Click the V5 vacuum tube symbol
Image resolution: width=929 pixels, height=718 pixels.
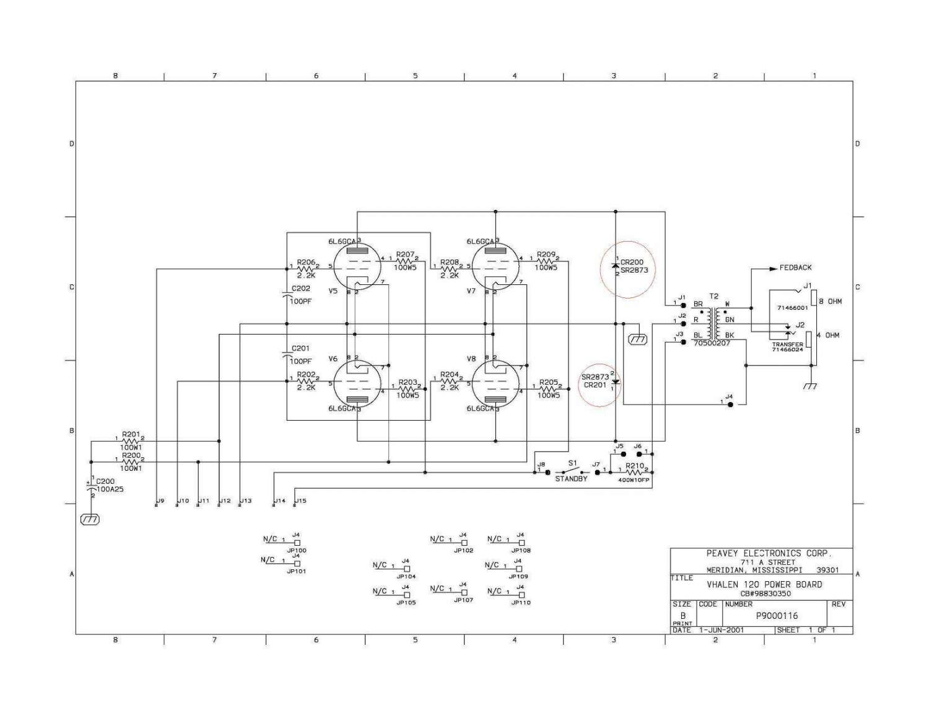click(x=358, y=266)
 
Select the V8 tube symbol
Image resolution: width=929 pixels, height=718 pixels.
click(x=496, y=384)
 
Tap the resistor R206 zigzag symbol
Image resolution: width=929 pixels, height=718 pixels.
click(x=306, y=267)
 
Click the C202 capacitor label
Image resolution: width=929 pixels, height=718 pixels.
click(x=301, y=289)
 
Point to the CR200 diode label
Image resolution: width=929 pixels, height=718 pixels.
click(x=632, y=262)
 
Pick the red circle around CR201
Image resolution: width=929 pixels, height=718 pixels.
click(x=599, y=385)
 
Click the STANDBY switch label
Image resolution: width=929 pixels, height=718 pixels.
click(x=571, y=479)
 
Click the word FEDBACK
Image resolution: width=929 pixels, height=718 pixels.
click(x=795, y=268)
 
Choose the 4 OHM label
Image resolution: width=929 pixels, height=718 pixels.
click(x=828, y=335)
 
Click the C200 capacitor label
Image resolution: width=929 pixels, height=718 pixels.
click(x=105, y=481)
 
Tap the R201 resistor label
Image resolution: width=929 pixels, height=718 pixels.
click(x=131, y=434)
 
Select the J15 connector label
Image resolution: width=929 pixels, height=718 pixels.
click(x=301, y=501)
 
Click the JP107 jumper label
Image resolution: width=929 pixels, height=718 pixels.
click(x=463, y=600)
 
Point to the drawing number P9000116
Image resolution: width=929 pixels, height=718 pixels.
click(x=777, y=616)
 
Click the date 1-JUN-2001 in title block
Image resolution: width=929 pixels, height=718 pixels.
click(x=722, y=630)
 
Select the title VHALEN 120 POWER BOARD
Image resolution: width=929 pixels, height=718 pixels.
click(x=764, y=584)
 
